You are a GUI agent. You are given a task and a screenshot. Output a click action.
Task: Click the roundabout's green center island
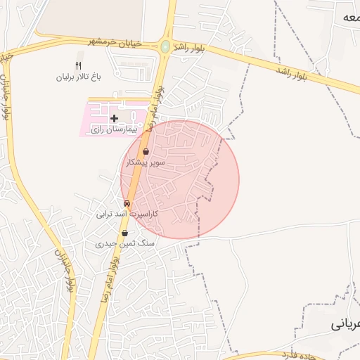click(165, 46)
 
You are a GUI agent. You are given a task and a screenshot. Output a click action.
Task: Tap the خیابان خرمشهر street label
click(115, 43)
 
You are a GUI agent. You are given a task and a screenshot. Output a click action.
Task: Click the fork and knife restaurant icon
click(78, 65)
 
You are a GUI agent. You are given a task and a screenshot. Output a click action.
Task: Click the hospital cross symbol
click(115, 118)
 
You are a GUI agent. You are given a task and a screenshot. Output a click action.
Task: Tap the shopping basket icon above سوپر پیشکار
click(146, 152)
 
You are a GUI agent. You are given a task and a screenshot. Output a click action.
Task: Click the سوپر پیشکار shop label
click(146, 162)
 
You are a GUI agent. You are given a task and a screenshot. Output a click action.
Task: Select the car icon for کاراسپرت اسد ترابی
click(127, 203)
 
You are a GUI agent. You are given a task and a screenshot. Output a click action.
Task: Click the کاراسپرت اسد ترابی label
click(127, 213)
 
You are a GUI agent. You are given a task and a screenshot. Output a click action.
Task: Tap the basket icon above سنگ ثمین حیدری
click(124, 233)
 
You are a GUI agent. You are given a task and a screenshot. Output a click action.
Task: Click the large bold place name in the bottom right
click(346, 324)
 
